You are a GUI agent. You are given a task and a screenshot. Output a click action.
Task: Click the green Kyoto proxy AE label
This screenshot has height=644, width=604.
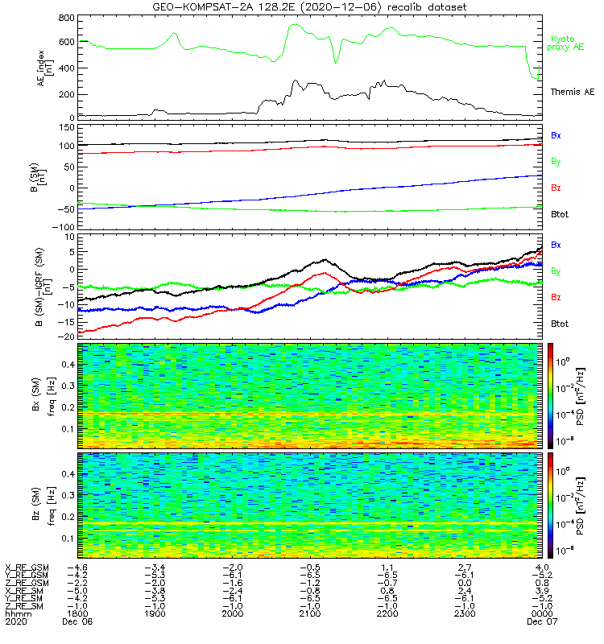click(568, 43)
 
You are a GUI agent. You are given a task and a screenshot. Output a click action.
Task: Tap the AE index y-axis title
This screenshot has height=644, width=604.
click(46, 68)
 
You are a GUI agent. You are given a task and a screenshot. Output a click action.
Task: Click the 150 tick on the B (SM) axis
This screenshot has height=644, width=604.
click(68, 127)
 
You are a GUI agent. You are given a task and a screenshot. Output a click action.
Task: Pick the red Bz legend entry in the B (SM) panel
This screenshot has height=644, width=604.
click(556, 188)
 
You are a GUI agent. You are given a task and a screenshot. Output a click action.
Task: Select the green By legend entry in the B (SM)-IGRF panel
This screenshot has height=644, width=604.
click(556, 271)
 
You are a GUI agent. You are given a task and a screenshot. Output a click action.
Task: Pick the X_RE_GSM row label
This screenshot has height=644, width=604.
click(26, 568)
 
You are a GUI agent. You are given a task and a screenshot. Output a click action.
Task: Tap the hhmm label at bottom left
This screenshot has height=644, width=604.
click(15, 613)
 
